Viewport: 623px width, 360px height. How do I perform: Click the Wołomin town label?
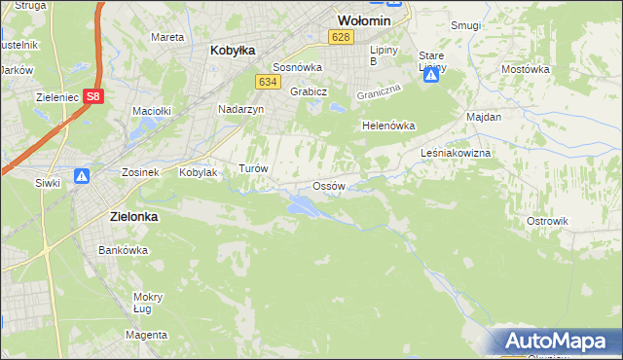(x=363, y=19)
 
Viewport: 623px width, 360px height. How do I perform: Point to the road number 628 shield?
(x=340, y=37)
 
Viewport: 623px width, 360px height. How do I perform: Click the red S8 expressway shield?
(x=92, y=96)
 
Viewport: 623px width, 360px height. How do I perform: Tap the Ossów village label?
(x=328, y=186)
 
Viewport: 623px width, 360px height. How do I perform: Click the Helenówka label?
(x=388, y=126)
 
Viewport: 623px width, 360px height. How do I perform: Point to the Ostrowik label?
(x=547, y=221)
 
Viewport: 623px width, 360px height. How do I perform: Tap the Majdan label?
(x=484, y=117)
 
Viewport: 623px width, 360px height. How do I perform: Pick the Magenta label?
(x=146, y=335)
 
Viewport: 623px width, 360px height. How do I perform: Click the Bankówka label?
(x=123, y=250)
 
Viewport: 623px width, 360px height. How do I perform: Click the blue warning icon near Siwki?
(x=82, y=177)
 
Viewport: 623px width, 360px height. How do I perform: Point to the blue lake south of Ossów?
(x=302, y=204)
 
